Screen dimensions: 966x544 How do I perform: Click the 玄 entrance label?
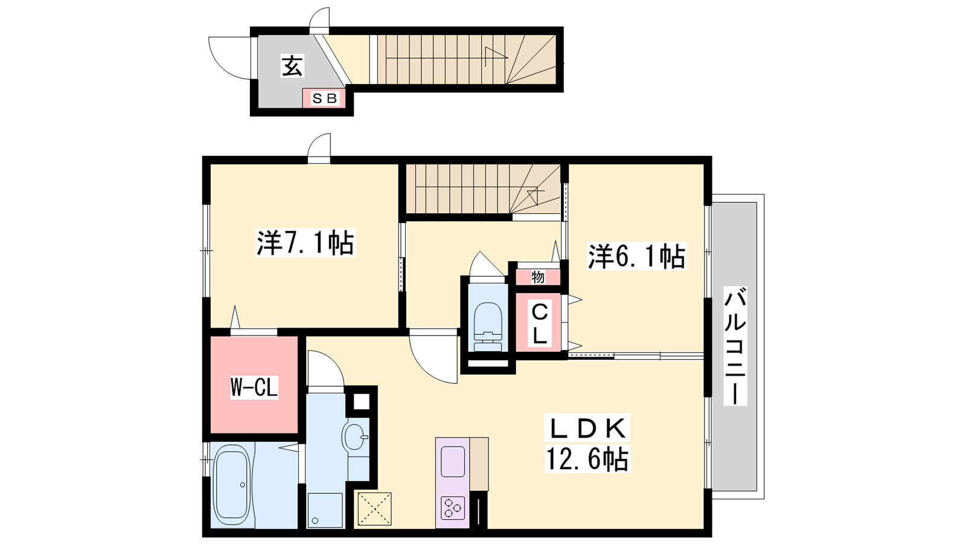292,66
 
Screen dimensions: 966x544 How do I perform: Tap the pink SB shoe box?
324,99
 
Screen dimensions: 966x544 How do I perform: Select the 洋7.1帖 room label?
305,243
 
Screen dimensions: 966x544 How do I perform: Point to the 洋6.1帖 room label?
637,256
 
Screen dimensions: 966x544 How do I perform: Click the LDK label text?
587,429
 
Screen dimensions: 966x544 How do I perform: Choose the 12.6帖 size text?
587,459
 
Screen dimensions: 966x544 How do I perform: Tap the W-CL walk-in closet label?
254,387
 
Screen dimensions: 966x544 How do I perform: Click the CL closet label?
539,324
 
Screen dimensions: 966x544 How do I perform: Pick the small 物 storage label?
538,277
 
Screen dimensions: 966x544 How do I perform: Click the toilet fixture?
488,328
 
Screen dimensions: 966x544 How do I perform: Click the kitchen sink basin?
453,462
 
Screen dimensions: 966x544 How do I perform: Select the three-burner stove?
453,508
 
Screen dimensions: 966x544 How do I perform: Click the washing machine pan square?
325,510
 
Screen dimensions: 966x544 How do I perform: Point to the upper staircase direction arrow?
496,57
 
